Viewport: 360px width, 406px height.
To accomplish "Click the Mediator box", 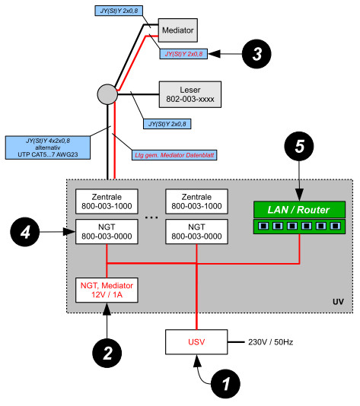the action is coord(178,30).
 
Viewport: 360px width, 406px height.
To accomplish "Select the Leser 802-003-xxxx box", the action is coord(190,94).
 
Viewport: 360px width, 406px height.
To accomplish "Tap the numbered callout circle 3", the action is coord(256,54).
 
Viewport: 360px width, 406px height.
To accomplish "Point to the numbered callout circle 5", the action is coord(299,146).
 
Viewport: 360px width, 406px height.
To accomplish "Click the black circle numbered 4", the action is coord(25,232).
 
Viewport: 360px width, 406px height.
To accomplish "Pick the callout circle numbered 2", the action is coord(107,353).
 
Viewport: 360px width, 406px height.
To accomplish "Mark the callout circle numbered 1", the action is coord(225,384).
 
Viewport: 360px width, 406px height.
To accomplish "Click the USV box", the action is coord(196,342).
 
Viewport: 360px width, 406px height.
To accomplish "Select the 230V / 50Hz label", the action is coord(271,342).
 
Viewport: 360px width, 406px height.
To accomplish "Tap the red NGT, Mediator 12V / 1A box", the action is coord(107,290).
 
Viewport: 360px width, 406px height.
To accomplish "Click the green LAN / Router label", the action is coord(299,210).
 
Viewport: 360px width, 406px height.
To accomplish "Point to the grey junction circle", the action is coord(107,94).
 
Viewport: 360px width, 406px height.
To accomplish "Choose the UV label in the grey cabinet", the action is coord(338,302).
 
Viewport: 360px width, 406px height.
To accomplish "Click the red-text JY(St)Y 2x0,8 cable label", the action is coord(183,54).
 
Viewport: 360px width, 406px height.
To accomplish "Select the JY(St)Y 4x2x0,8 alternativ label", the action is coord(48,147).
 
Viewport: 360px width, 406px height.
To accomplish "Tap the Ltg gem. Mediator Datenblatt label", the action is coord(174,155).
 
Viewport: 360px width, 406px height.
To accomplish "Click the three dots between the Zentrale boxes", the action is coord(151,217).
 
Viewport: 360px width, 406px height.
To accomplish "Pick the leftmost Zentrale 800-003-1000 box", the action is coord(107,201).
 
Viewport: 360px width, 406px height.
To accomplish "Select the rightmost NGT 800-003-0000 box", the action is coord(196,232).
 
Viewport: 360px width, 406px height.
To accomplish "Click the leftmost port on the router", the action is coord(263,226).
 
